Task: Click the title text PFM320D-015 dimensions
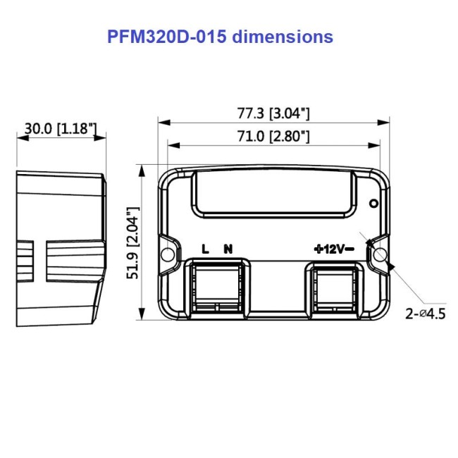[x=221, y=37]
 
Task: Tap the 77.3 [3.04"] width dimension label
[x=273, y=113]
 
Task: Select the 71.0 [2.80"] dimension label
[x=273, y=137]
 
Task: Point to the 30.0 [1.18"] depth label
[x=61, y=128]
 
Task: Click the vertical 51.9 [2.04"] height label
[x=132, y=243]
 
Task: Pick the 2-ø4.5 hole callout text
[x=426, y=314]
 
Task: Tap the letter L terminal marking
[x=205, y=249]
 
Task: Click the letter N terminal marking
[x=228, y=249]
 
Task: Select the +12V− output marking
[x=334, y=249]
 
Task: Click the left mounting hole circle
[x=168, y=254]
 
